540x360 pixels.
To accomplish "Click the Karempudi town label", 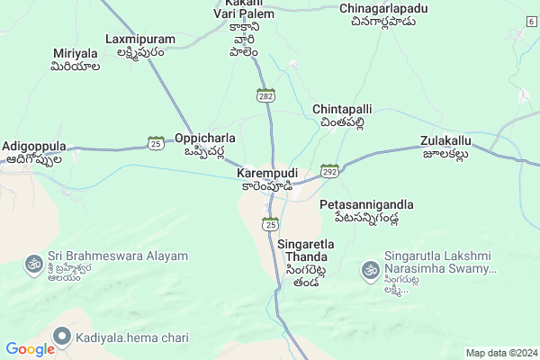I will tap(266, 172).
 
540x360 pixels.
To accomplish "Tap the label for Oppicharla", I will tap(205, 139).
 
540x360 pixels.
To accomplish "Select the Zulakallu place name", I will tap(445, 141).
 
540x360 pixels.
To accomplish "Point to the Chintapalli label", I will tap(338, 109).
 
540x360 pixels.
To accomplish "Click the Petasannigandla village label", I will tap(367, 204).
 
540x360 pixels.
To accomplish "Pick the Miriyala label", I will tap(74, 55).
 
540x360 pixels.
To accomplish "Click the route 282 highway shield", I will tap(265, 94).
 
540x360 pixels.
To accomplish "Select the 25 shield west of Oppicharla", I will tap(156, 142).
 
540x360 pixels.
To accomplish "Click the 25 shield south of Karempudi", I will tap(268, 224).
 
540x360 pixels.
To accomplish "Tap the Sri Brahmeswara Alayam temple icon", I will tap(33, 264).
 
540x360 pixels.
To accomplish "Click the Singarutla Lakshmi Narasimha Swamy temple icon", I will tap(369, 268).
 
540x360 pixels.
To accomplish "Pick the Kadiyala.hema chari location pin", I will tap(62, 336).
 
